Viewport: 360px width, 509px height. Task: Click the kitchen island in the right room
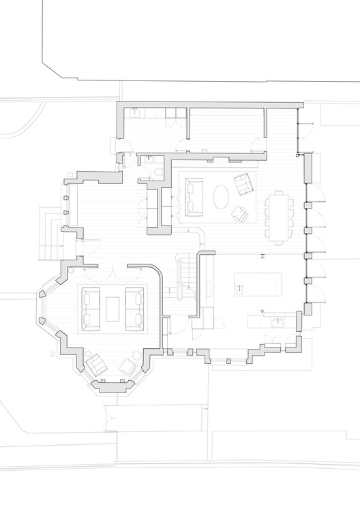258,283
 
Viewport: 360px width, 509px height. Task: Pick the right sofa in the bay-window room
134,307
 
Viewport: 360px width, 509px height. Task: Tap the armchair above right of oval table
242,183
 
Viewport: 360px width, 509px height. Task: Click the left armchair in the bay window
96,364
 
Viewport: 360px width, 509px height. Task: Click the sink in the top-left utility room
134,114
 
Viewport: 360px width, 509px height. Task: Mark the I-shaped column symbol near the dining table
261,256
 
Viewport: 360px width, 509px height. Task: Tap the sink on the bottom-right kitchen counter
276,322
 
